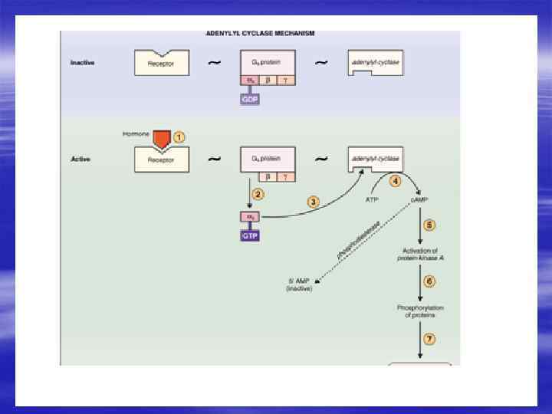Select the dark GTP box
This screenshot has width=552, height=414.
pyautogui.click(x=251, y=236)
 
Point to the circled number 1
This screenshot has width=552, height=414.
pyautogui.click(x=179, y=137)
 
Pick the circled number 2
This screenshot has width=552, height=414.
pyautogui.click(x=258, y=194)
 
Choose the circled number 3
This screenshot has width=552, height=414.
pyautogui.click(x=313, y=202)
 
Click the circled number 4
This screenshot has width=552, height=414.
pyautogui.click(x=395, y=182)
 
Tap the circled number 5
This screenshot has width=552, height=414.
pyautogui.click(x=429, y=225)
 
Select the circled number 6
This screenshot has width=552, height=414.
pyautogui.click(x=429, y=281)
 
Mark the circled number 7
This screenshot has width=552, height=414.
pyautogui.click(x=429, y=339)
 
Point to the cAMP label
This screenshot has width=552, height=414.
pyautogui.click(x=419, y=200)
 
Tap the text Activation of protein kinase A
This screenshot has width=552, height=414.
pyautogui.click(x=420, y=255)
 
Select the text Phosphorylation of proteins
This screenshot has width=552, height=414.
pyautogui.click(x=420, y=311)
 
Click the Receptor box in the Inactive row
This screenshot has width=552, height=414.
pyautogui.click(x=161, y=63)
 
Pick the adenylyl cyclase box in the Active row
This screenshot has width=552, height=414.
pyautogui.click(x=376, y=159)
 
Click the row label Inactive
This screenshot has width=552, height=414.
pyautogui.click(x=83, y=63)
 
